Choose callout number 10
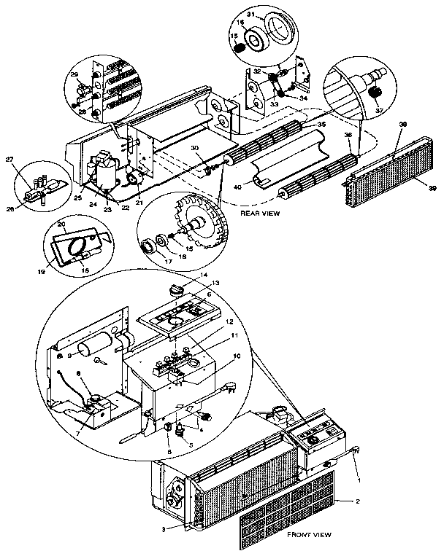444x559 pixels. (237, 356)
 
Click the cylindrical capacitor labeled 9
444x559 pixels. (100, 345)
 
